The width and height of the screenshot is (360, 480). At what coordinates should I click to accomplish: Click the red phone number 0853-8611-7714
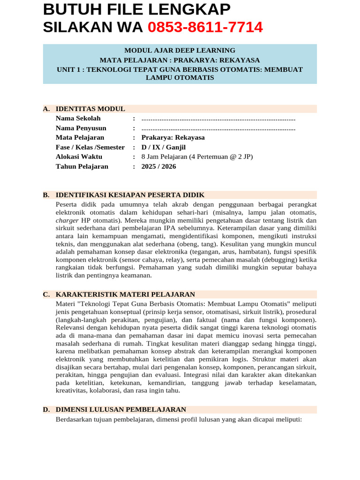pos(205,28)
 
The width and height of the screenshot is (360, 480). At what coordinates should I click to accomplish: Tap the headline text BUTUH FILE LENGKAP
pos(136,9)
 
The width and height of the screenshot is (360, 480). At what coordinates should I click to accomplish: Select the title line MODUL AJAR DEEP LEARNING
pos(180,51)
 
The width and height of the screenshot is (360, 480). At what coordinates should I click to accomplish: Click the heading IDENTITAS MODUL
pos(90,109)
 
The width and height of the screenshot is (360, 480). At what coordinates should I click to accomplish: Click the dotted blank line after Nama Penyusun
pos(218,128)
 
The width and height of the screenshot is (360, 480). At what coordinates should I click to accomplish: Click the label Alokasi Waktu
pos(79,157)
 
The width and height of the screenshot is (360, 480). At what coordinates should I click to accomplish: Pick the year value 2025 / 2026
pos(159,166)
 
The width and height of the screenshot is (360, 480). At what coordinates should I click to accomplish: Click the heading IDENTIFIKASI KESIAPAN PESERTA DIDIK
pos(130,195)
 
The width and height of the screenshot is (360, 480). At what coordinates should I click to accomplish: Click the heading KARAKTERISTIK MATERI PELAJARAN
pos(125,294)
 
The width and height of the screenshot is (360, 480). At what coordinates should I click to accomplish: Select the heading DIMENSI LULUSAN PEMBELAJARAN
pos(121,409)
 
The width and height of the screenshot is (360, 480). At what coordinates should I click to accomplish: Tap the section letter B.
pos(46,195)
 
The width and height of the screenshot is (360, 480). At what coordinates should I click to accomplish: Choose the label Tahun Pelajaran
pos(82,166)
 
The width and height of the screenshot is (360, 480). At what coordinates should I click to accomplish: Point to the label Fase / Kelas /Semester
pos(90,147)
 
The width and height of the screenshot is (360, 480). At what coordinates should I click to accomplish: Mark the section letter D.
pos(46,409)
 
